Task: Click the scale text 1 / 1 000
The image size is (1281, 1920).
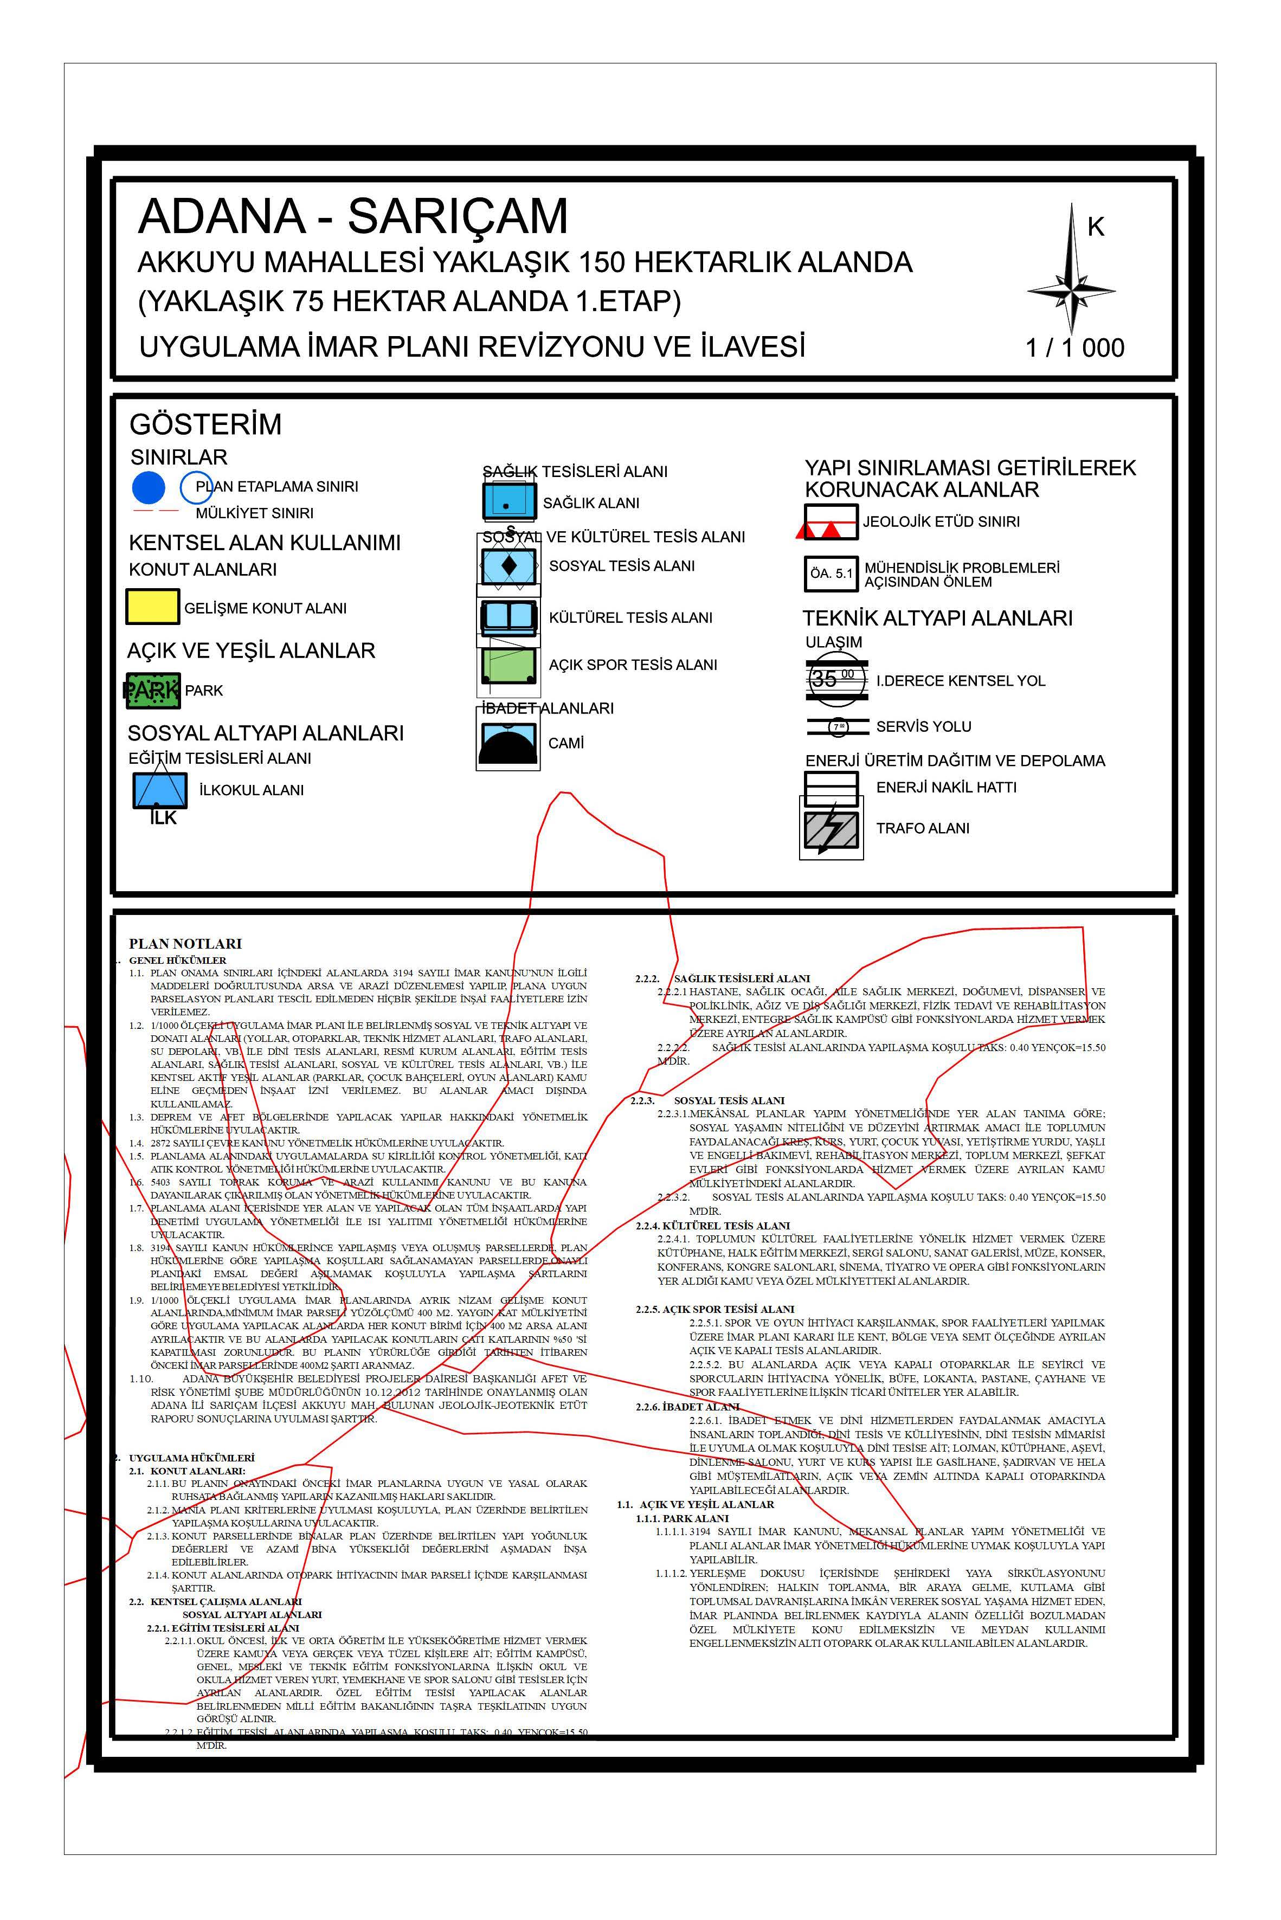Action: (x=1074, y=348)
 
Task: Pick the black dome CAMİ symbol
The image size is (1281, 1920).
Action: (x=508, y=743)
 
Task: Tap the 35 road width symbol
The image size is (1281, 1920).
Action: (x=836, y=679)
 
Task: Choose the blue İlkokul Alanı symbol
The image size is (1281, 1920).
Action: (x=160, y=790)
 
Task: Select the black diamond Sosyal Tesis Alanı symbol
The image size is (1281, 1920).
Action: (x=508, y=565)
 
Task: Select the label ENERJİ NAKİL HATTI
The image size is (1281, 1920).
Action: (x=946, y=787)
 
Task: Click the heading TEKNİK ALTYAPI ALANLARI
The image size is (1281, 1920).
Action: (x=937, y=618)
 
